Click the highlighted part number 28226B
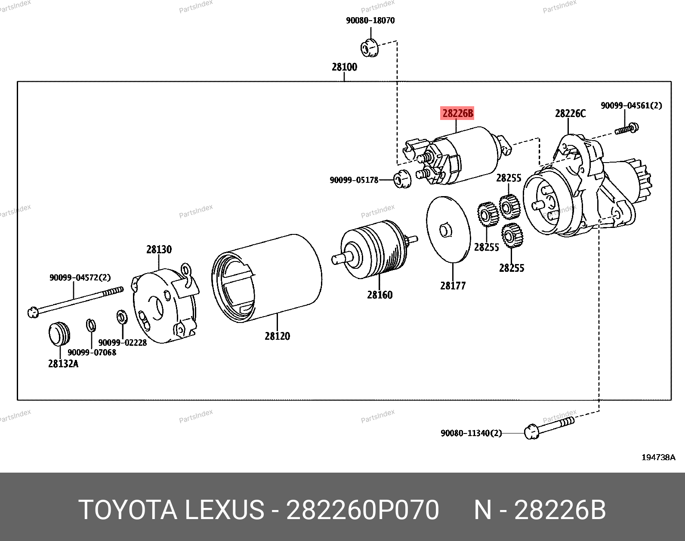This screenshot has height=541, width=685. pyautogui.click(x=458, y=113)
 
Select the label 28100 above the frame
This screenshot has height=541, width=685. pyautogui.click(x=344, y=67)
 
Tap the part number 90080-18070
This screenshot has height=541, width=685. pyautogui.click(x=370, y=20)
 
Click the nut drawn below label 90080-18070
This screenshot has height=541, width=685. pyautogui.click(x=369, y=47)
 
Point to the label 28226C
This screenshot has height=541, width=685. pyautogui.click(x=570, y=114)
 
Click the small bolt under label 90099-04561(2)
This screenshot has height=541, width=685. pyautogui.click(x=626, y=129)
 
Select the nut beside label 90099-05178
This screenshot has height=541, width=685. pyautogui.click(x=402, y=179)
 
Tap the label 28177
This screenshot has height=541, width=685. pyautogui.click(x=453, y=286)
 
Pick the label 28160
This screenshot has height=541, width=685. pyautogui.click(x=380, y=295)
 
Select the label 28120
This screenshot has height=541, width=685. pyautogui.click(x=277, y=336)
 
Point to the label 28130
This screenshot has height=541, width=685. pyautogui.click(x=159, y=249)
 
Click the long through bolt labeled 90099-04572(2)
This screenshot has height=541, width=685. pyautogui.click(x=75, y=301)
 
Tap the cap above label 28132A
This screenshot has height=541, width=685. pyautogui.click(x=59, y=333)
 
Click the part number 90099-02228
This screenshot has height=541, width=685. pyautogui.click(x=123, y=343)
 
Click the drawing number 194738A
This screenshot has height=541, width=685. pyautogui.click(x=658, y=458)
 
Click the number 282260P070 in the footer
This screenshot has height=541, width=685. pyautogui.click(x=362, y=510)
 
